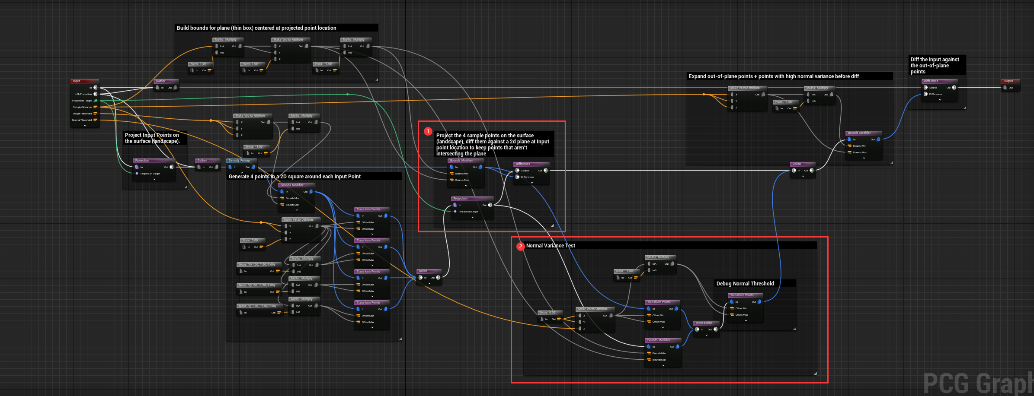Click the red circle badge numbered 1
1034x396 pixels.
click(428, 131)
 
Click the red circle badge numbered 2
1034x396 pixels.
click(521, 246)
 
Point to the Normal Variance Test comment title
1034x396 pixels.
click(551, 246)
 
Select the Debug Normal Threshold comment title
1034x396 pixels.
click(745, 284)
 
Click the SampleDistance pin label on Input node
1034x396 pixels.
click(82, 107)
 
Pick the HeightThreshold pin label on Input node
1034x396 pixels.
click(82, 114)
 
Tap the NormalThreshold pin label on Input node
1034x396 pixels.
click(82, 120)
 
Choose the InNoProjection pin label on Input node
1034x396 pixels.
click(83, 94)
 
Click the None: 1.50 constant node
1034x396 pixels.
click(200, 64)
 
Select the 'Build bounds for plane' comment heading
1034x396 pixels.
click(256, 28)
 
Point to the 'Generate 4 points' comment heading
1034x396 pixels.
click(295, 177)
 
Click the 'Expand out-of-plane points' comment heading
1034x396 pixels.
click(774, 76)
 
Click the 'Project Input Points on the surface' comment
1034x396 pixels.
click(152, 138)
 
